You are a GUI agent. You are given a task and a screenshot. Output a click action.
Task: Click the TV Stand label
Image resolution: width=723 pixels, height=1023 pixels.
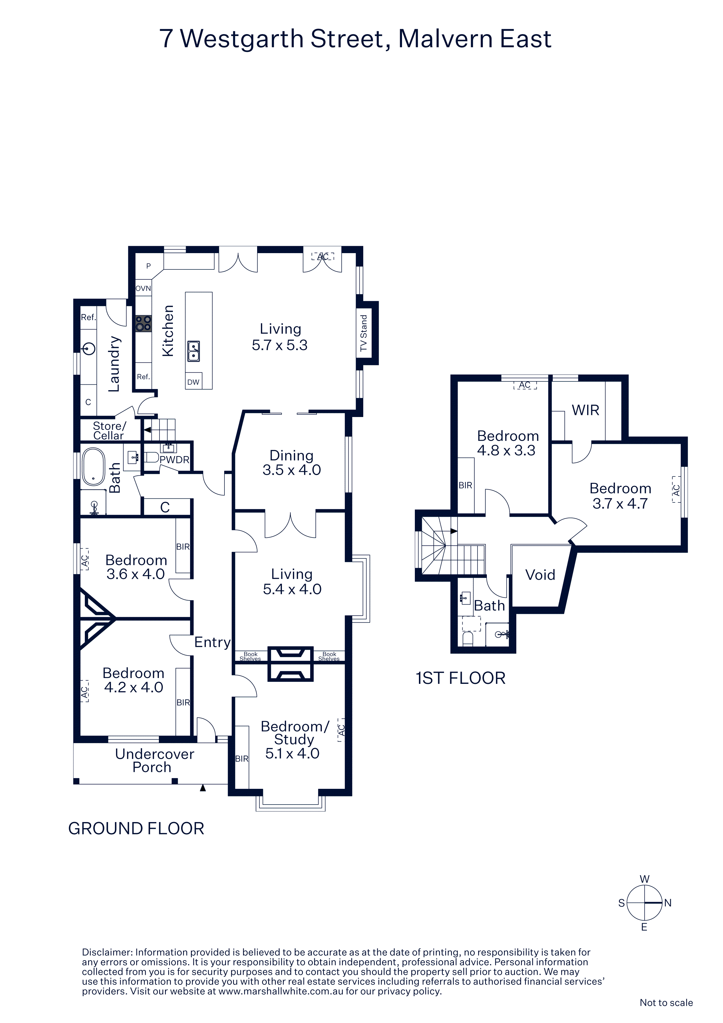click(364, 333)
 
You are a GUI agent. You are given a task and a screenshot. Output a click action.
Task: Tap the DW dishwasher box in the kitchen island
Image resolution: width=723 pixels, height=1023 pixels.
click(193, 381)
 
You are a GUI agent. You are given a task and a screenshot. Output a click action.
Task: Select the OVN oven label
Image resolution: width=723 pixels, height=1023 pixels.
click(143, 288)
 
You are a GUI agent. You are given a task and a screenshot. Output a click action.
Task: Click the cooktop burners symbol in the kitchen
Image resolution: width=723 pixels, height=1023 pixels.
click(143, 323)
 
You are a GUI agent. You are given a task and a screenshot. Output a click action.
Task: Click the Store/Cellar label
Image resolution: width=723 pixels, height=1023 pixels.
click(109, 431)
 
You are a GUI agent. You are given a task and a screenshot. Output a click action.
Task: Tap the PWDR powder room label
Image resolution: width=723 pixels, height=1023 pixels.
click(174, 459)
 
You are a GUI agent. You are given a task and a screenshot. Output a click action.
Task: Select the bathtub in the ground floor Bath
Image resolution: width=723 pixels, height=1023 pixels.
click(93, 467)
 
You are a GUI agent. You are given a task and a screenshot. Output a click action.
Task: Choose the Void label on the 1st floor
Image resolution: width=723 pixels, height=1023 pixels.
click(540, 575)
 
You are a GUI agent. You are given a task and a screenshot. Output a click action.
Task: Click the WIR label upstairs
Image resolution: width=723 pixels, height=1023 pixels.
click(585, 410)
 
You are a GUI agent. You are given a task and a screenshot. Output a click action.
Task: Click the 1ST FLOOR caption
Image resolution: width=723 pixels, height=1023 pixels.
click(461, 678)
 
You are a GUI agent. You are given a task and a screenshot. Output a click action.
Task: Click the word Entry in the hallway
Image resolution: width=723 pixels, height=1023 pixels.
click(213, 642)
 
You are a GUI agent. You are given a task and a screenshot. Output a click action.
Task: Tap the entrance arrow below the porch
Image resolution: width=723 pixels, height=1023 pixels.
click(203, 788)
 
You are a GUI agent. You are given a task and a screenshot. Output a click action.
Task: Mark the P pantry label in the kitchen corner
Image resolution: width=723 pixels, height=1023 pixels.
click(148, 266)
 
